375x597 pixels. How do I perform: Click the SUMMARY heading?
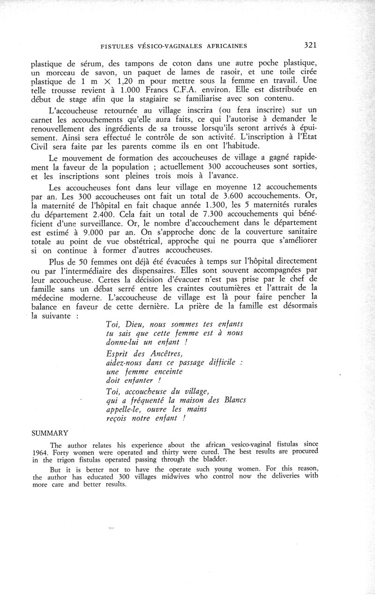(50, 433)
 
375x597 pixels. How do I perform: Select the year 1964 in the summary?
(41, 453)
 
